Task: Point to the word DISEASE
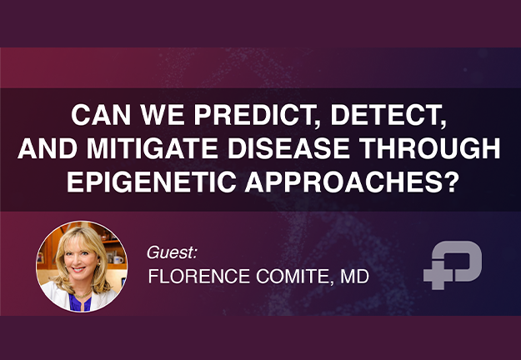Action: (x=288, y=148)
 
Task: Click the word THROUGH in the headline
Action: (x=429, y=148)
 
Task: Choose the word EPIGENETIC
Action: (x=152, y=182)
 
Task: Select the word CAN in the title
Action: (x=101, y=115)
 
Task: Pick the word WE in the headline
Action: (x=163, y=115)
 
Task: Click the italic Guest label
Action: (x=172, y=252)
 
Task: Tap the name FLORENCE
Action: (x=198, y=277)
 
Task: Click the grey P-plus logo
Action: (x=452, y=265)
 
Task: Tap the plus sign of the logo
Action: (x=438, y=274)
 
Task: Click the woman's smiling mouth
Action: (x=78, y=269)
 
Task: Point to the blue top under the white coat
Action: (x=80, y=302)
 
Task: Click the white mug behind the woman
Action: (x=118, y=259)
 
